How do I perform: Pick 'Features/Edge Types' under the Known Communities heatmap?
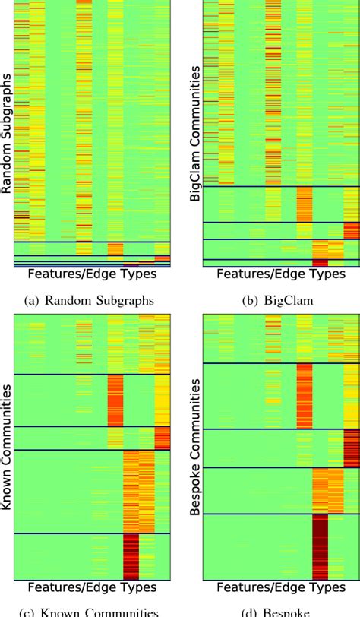[92, 587]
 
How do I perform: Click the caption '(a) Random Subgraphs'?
[90, 300]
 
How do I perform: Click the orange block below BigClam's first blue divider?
[304, 204]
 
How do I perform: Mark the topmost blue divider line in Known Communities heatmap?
[92, 374]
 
